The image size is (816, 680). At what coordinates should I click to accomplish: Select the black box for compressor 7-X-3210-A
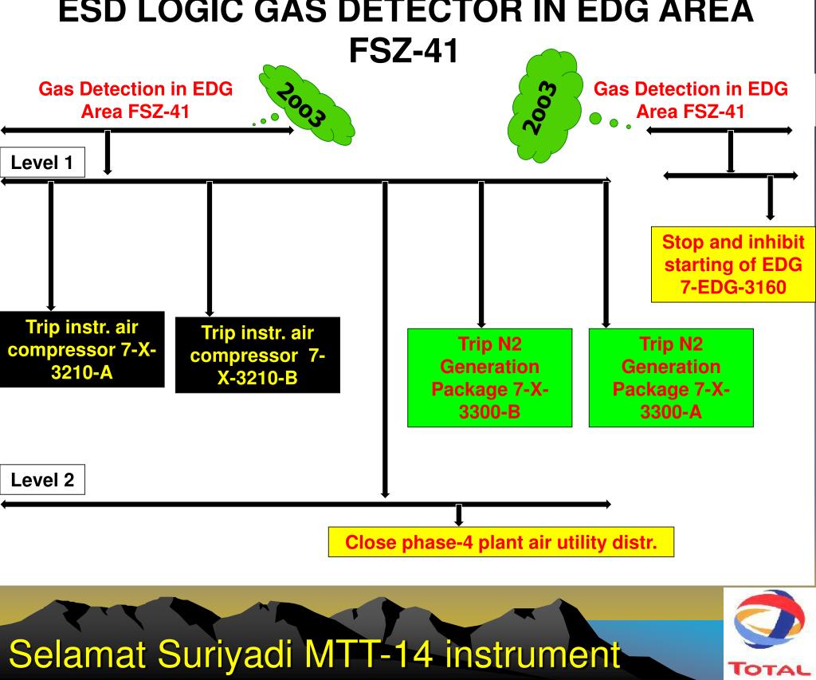pos(82,349)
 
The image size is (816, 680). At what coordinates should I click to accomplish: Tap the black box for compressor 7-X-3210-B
pos(257,355)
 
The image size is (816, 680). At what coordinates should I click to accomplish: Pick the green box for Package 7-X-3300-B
pos(489,378)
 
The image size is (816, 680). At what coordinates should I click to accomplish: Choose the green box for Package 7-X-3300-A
pos(670,378)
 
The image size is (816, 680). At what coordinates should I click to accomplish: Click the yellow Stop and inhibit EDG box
pos(733,266)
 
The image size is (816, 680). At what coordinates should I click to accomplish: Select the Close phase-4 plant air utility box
pos(501,543)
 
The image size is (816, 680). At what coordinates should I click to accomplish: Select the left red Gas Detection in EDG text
pos(135,100)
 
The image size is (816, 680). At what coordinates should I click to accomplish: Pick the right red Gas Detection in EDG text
pos(691,100)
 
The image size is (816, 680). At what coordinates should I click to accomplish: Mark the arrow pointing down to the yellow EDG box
pos(770,198)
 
